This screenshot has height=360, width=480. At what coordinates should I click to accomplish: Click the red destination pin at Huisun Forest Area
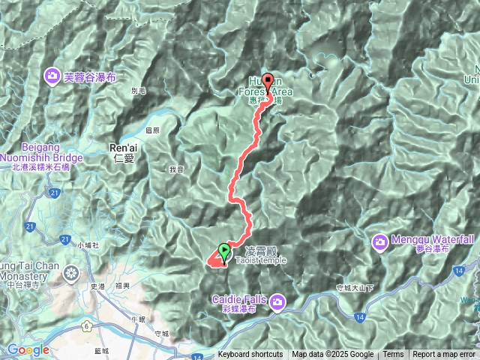[267, 81]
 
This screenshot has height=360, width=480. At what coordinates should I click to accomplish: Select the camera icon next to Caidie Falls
[278, 301]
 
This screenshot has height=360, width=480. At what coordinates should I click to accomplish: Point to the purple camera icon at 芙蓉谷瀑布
[52, 75]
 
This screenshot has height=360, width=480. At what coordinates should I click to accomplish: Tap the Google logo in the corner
[28, 349]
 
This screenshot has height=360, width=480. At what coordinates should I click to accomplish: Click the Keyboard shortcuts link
[250, 355]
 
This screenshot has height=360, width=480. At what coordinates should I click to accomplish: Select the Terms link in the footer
[393, 355]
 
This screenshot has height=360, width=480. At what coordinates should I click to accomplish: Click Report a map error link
[444, 355]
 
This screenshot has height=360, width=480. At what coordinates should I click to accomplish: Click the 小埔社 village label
[88, 244]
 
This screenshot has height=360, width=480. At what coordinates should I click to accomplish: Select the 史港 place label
[97, 286]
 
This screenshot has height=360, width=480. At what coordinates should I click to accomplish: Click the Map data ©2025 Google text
[332, 355]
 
